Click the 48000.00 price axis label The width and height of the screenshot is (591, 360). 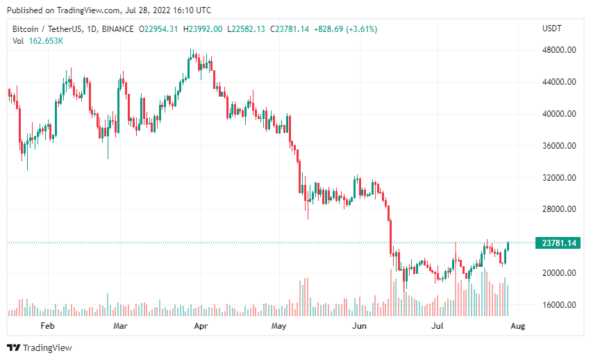tap(559, 50)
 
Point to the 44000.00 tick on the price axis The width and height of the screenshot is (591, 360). tap(559, 82)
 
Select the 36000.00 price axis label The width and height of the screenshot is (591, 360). tap(559, 146)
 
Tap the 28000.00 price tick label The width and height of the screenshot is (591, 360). tap(559, 209)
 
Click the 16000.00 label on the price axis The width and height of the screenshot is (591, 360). tap(559, 305)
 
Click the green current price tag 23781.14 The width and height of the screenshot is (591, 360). tap(559, 243)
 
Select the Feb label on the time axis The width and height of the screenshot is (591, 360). tap(47, 325)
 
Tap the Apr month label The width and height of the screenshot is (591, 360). tap(201, 325)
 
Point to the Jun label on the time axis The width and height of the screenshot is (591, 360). tap(359, 325)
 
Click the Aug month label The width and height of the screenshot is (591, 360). tap(517, 325)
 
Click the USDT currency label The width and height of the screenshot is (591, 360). tap(551, 28)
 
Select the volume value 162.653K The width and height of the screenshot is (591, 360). tap(47, 41)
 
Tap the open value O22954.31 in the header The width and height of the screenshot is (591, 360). tap(158, 28)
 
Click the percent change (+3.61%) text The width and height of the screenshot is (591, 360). tap(358, 28)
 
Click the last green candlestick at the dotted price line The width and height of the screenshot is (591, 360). tap(508, 245)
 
